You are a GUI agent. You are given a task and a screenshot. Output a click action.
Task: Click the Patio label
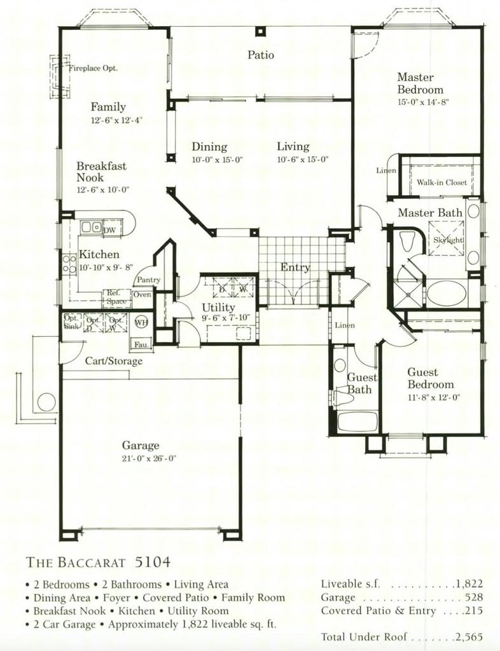coord(261,55)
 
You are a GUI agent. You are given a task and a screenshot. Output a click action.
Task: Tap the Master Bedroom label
coord(420,83)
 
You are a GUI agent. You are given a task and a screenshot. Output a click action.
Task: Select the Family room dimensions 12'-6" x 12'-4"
coord(116,120)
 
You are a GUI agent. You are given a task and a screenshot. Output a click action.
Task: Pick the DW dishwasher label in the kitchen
coord(109,230)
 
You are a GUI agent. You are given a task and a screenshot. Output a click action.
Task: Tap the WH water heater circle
coord(141,322)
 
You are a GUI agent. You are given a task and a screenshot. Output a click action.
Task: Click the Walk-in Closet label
coord(441,182)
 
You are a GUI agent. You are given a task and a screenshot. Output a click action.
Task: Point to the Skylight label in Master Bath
coord(448,240)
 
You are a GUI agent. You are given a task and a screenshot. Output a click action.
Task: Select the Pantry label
coord(147,280)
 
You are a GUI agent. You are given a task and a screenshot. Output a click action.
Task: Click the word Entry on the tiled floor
coord(295,268)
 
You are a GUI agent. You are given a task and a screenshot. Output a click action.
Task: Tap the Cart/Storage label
coord(114,361)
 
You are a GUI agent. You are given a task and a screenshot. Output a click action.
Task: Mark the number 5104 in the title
coord(153,562)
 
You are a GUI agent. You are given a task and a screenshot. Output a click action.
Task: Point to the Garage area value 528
coord(473,598)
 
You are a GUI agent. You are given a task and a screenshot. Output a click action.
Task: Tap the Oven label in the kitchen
coord(142,294)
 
